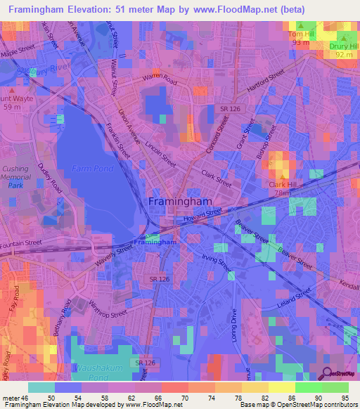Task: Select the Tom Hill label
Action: pos(301,34)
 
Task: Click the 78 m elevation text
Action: pos(283,193)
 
